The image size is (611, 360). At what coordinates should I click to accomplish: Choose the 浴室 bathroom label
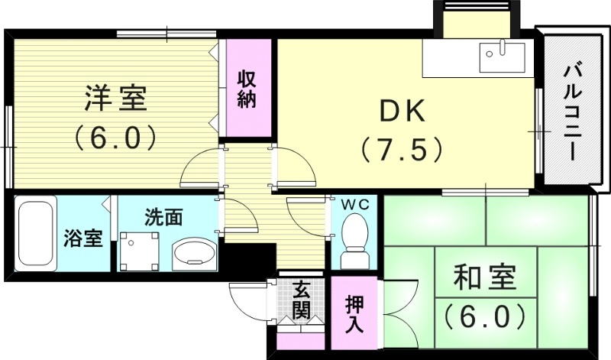coord(83,238)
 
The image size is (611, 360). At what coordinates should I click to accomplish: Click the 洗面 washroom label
coord(163,216)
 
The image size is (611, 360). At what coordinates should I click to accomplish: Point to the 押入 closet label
coord(355,314)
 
